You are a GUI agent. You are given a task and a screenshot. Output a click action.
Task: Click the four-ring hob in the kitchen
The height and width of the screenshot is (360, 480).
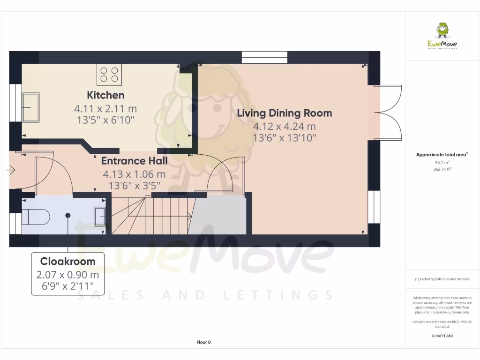[109, 75]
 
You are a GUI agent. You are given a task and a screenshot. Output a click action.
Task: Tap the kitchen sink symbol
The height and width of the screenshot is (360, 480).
[30, 107]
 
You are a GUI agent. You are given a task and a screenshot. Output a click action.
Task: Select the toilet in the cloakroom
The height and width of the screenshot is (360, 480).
[36, 216]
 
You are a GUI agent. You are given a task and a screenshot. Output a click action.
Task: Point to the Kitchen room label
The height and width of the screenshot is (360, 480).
[105, 95]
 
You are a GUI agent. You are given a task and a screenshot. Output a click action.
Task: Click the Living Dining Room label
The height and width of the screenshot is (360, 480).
[284, 113]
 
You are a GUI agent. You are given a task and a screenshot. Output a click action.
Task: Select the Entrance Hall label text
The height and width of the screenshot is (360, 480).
[134, 161]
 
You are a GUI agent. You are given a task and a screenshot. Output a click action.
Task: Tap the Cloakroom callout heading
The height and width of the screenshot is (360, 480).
[67, 262]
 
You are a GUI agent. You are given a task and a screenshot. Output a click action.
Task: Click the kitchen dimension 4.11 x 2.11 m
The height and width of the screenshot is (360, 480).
[105, 109]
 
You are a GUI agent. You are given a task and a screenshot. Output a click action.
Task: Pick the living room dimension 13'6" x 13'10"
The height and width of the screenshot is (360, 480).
[284, 138]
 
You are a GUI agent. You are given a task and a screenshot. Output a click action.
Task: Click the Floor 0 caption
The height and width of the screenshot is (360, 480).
[203, 342]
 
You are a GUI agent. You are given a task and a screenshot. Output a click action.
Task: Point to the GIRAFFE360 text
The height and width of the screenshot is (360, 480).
[442, 336]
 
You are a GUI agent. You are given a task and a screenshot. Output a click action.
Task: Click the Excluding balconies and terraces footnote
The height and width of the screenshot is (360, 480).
[442, 279]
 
